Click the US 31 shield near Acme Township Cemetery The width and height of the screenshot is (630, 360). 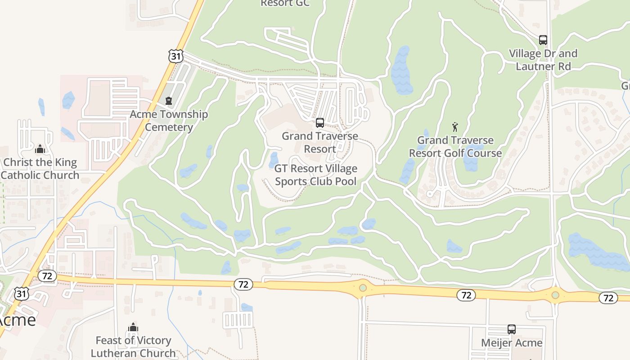point(176,56)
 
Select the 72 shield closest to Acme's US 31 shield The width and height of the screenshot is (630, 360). point(47,275)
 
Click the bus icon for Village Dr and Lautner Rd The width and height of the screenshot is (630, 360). point(543,40)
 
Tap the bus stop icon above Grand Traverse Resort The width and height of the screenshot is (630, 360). point(320,122)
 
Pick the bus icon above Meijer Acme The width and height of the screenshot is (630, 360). point(512,329)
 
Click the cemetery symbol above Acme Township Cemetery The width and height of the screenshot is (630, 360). point(169,101)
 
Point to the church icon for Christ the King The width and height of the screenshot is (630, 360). point(40,149)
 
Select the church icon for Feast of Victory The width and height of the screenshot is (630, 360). point(133,327)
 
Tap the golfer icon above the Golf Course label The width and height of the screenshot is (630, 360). point(455,127)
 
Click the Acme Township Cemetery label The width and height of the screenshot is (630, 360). point(169,121)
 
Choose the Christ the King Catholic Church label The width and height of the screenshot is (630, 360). point(40,169)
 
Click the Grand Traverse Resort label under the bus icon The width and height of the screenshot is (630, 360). point(320,142)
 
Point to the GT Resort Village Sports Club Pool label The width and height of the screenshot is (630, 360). point(316,175)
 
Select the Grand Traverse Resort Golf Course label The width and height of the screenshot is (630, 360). point(455,147)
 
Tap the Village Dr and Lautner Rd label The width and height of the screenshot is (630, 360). point(543,60)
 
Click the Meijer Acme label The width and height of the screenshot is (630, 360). point(512,343)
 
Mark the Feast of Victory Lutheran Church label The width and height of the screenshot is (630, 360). point(133,346)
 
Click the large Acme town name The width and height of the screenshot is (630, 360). point(17,320)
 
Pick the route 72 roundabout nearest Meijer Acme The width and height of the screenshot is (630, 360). point(555,295)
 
